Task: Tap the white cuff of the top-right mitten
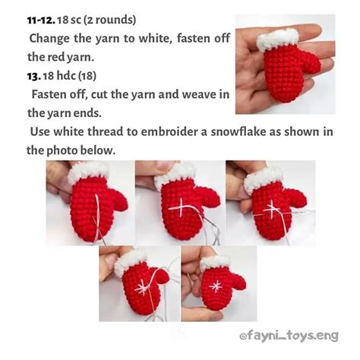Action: tap(278, 37)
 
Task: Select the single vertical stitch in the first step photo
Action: tap(96, 207)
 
